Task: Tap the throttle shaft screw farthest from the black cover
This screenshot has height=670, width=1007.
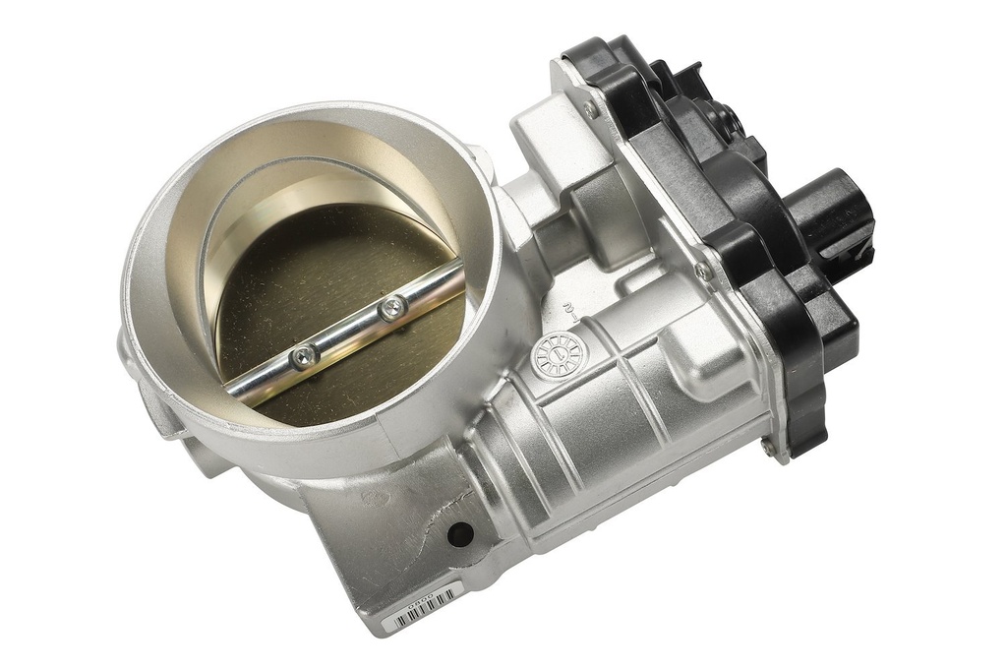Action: coord(304,355)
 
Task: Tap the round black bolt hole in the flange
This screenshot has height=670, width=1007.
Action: coord(459,534)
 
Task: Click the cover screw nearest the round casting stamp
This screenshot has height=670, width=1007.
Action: coord(700,269)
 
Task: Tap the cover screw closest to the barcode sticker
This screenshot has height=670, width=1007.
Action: coord(766,445)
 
